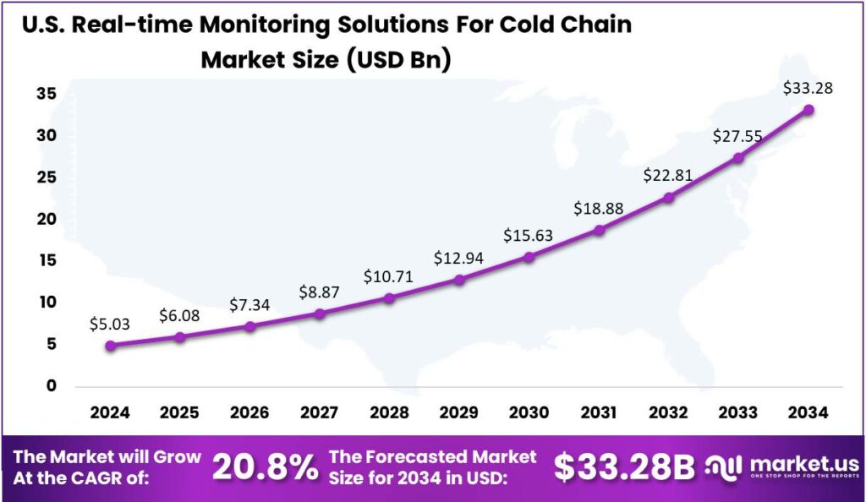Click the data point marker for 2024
click(x=110, y=345)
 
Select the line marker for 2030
click(x=529, y=257)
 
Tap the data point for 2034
click(x=808, y=110)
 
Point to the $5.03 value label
click(x=110, y=323)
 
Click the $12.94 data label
click(x=458, y=258)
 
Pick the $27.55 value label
click(x=738, y=135)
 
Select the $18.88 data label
click(x=599, y=208)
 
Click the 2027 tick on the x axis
click(x=319, y=414)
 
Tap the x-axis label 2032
click(x=668, y=414)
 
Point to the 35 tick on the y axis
click(x=46, y=94)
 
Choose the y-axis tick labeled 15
click(x=46, y=260)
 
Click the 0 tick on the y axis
click(x=51, y=385)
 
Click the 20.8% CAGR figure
click(x=265, y=467)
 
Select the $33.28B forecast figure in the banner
click(x=624, y=467)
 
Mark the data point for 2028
click(x=389, y=298)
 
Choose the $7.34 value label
click(x=249, y=304)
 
